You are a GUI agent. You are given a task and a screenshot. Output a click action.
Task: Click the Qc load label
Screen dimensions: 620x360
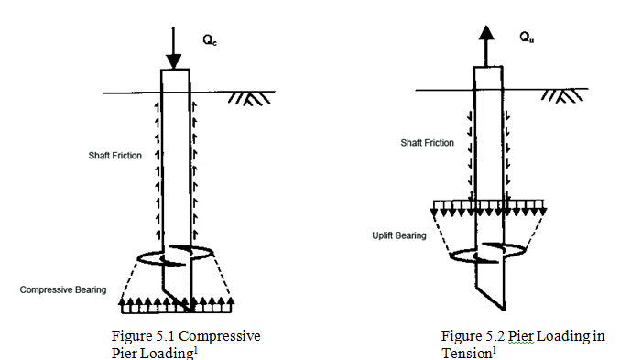(210, 40)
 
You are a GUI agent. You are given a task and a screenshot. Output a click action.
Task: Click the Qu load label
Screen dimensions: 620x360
(527, 38)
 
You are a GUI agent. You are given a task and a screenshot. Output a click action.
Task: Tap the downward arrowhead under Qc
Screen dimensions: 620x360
(174, 61)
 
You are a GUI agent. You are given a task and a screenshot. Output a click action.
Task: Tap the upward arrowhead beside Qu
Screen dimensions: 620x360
(486, 32)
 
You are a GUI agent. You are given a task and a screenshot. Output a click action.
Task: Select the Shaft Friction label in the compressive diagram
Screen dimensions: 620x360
(115, 156)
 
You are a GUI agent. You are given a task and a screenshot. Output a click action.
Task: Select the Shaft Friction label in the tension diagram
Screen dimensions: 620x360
(427, 143)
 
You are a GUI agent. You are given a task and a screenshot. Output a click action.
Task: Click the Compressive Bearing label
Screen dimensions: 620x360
(63, 290)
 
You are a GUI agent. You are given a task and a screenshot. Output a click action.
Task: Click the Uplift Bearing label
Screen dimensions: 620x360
(399, 235)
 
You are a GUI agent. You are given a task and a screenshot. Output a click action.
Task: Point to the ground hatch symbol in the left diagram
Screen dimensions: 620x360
(249, 99)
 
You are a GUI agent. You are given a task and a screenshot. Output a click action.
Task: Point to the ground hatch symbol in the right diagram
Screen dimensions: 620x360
(562, 95)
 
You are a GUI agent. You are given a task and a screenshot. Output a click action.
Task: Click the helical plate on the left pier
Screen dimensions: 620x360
(176, 256)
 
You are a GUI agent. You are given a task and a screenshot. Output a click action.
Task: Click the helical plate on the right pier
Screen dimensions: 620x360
(489, 253)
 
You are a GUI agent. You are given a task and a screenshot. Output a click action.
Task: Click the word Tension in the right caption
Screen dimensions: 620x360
(466, 353)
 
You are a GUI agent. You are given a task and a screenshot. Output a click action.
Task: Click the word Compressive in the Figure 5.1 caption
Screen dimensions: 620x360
(220, 336)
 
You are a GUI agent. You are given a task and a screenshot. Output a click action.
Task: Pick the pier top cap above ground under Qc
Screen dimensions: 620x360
(176, 81)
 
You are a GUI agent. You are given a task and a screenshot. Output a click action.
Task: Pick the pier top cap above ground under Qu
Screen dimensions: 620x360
(489, 78)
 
